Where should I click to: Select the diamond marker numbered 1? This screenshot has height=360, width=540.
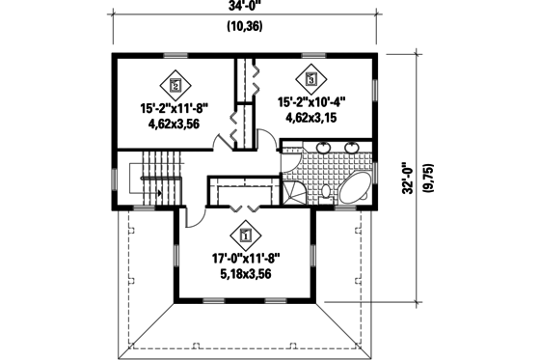pyautogui.click(x=245, y=234)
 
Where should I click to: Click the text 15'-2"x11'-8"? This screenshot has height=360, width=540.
pyautogui.click(x=175, y=108)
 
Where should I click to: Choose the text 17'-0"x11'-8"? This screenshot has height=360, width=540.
pyautogui.click(x=245, y=259)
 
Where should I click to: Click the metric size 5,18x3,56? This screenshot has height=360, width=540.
pyautogui.click(x=245, y=274)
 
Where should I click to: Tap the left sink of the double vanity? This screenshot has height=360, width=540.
pyautogui.click(x=322, y=149)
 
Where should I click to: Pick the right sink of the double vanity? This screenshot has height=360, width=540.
pyautogui.click(x=351, y=149)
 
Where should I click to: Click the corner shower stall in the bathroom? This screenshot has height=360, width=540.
pyautogui.click(x=292, y=193)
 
